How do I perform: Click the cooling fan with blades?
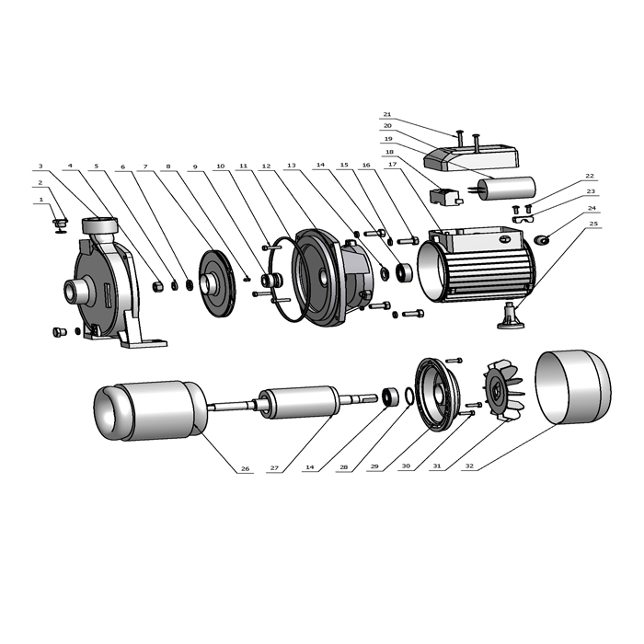(503, 391)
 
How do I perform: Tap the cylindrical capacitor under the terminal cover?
(506, 188)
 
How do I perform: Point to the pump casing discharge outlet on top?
(99, 225)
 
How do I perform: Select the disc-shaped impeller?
(218, 283)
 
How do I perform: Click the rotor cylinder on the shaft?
(300, 403)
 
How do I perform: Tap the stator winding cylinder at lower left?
(150, 411)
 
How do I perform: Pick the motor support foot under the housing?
(511, 316)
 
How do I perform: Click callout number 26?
(246, 468)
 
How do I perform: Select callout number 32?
(469, 466)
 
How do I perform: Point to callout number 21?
(387, 114)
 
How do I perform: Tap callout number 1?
(40, 200)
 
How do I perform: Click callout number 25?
(592, 224)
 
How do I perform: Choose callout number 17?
(393, 165)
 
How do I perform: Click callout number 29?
(374, 466)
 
